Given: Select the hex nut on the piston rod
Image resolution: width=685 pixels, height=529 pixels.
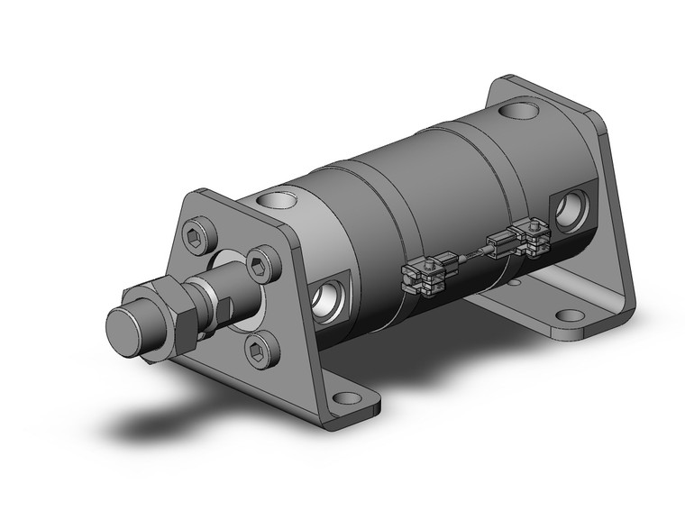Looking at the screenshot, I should coord(166,316).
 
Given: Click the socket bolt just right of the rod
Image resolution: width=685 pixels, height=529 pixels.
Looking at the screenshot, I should coord(260,266).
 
